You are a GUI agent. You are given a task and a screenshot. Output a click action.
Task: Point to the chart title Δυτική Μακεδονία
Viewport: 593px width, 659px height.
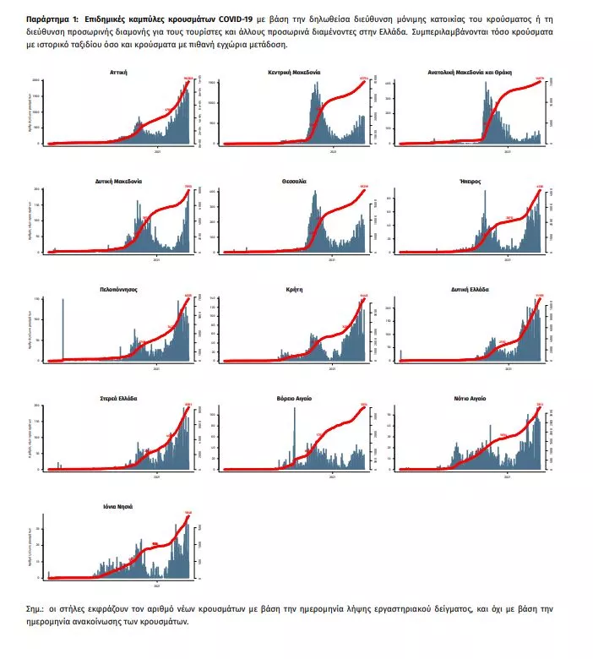(118, 181)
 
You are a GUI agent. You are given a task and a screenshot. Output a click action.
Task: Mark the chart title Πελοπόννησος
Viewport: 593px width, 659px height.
(118, 289)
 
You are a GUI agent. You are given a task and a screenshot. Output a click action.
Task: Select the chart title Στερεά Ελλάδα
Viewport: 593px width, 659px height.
(118, 397)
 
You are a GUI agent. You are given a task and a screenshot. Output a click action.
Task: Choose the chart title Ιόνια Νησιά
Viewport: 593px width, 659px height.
(118, 506)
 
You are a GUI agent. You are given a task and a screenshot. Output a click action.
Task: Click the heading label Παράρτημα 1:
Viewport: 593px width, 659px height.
(52, 17)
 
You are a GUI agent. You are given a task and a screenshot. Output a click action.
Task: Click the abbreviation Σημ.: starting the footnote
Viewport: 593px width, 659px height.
(37, 608)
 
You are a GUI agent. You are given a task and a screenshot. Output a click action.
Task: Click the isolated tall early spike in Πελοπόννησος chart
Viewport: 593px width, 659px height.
(63, 329)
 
